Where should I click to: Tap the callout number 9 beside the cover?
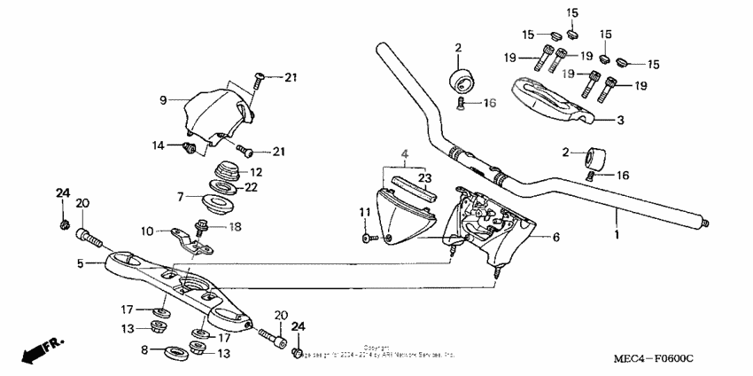pos(163,99)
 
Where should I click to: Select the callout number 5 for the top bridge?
pos(80,263)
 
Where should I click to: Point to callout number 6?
pos(556,238)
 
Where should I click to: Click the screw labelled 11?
pos(366,237)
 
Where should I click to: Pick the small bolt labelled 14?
pos(188,147)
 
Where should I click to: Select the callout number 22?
pos(252,186)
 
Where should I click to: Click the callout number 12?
pos(255,172)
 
